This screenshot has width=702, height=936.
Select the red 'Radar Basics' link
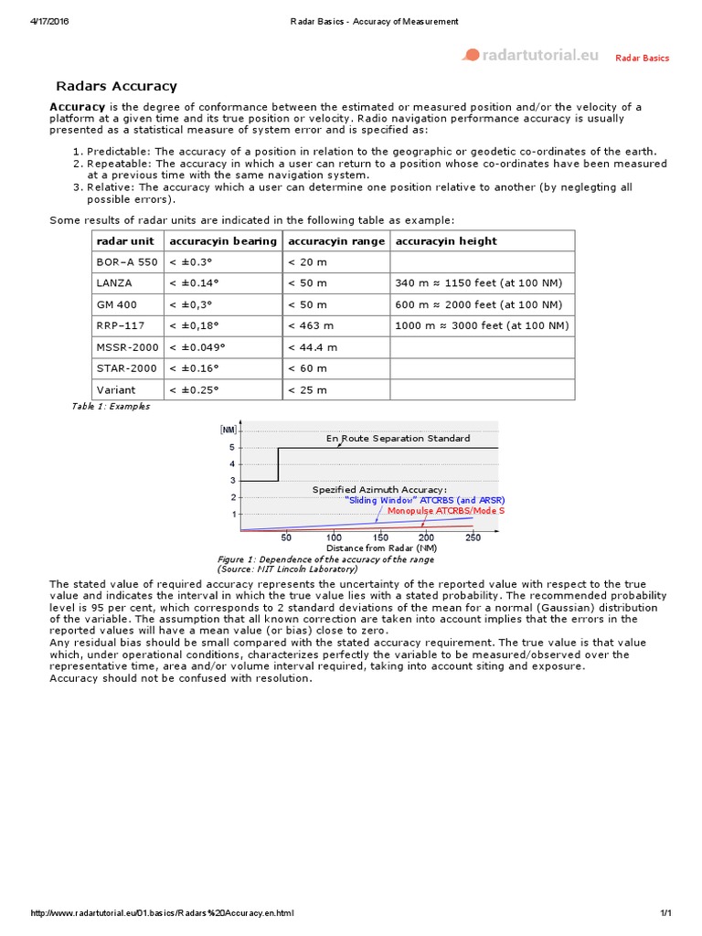642,58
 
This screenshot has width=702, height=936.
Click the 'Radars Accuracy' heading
116,87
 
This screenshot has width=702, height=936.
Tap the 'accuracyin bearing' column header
222,241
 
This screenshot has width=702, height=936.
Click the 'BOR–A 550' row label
127,262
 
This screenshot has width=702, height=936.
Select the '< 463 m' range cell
312,325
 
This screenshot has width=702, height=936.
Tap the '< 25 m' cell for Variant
307,390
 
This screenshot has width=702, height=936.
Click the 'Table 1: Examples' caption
110,407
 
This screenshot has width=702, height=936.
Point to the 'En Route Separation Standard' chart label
399,439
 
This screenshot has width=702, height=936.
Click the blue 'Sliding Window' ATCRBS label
425,500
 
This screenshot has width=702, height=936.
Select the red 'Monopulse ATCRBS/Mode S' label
445,511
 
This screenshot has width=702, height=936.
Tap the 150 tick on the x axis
379,537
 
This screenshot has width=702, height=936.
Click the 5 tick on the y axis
232,448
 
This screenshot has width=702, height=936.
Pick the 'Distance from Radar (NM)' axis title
381,548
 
